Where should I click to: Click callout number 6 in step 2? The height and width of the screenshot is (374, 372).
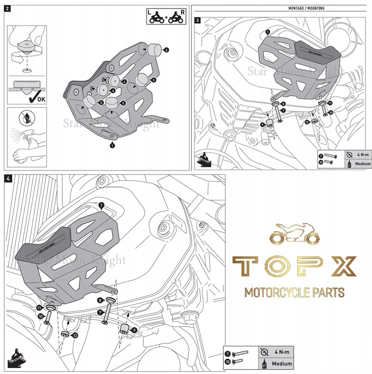(x=166, y=50)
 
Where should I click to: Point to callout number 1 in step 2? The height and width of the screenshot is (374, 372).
(x=112, y=145)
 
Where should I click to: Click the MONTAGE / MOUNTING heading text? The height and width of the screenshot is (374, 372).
(x=306, y=8)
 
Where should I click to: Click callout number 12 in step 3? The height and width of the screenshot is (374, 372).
(x=307, y=122)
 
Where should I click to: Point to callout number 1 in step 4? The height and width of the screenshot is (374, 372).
(x=100, y=205)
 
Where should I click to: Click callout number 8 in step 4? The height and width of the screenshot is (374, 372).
(x=99, y=300)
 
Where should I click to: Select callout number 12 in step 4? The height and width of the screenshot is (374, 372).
(x=75, y=335)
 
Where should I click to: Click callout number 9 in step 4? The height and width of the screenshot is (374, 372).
(x=135, y=330)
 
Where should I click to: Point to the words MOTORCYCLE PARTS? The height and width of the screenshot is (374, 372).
(x=294, y=292)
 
